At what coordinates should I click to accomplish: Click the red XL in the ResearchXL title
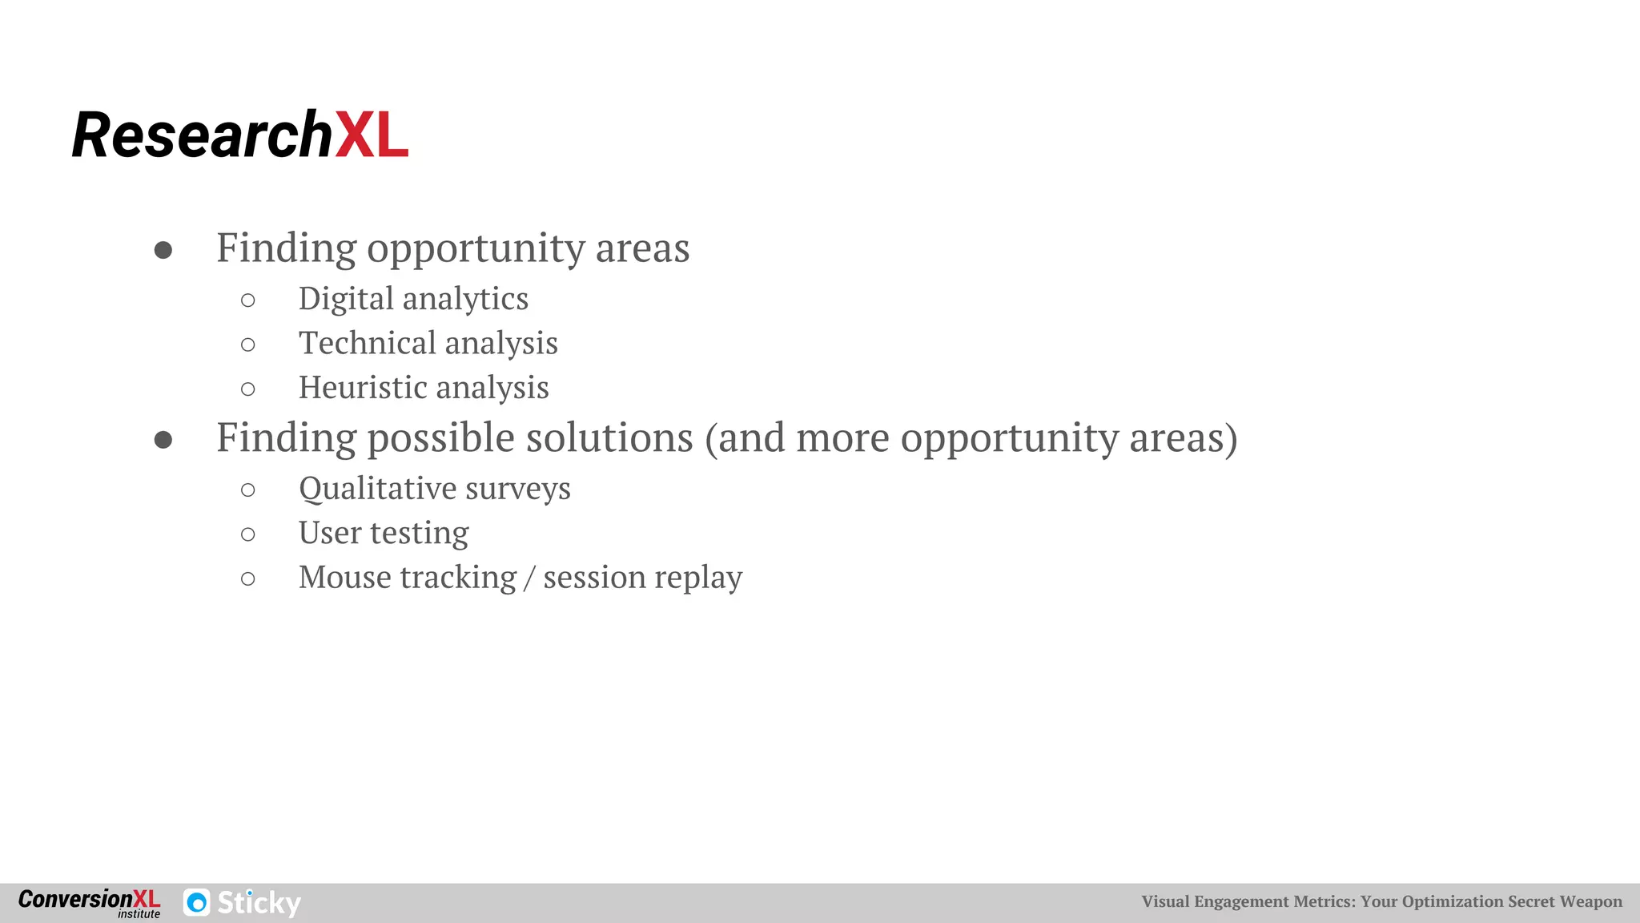[372, 135]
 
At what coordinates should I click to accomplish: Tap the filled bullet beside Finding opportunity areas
[163, 250]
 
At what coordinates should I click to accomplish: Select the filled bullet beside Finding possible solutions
[163, 440]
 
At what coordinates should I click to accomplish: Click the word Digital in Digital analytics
[346, 300]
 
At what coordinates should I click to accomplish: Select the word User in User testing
[329, 533]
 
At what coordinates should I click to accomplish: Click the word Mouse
[344, 578]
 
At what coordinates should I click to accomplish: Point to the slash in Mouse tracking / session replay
[529, 578]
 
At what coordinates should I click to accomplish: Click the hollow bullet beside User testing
[248, 534]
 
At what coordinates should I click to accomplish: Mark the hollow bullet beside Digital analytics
[248, 300]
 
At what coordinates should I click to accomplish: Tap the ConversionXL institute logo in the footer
[89, 903]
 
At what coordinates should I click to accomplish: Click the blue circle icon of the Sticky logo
[197, 903]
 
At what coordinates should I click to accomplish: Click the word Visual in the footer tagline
[1165, 901]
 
